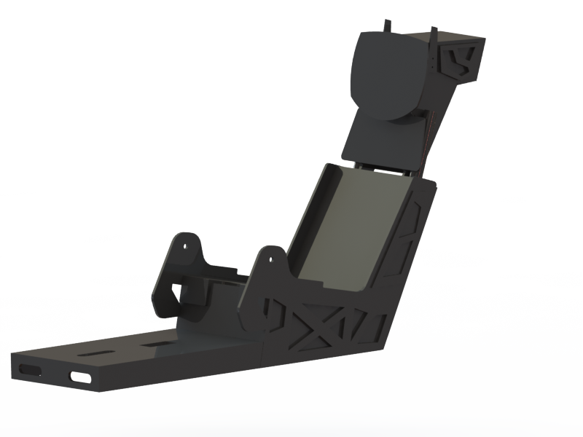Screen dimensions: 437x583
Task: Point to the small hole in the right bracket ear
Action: [x=271, y=258]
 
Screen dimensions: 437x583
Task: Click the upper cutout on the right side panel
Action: [x=418, y=213]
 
